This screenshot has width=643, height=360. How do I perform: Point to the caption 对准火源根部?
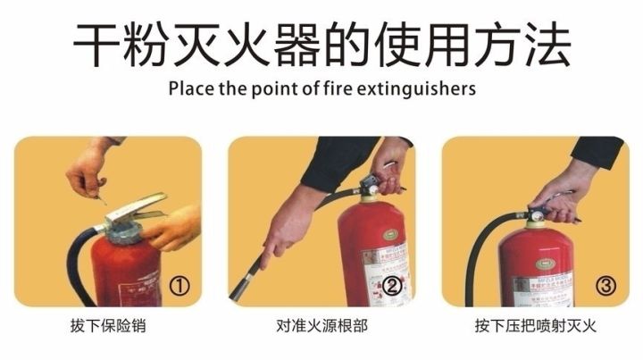click(321, 326)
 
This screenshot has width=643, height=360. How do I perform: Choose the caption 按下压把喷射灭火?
click(536, 326)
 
